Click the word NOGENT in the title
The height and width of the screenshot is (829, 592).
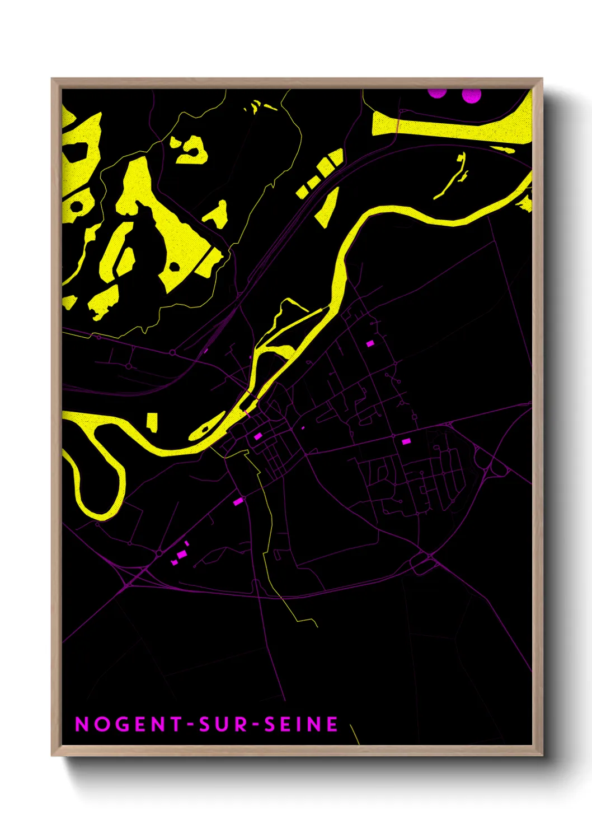pyautogui.click(x=128, y=724)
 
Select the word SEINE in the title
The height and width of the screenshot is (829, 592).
pyautogui.click(x=301, y=724)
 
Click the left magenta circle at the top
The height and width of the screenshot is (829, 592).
pyautogui.click(x=437, y=92)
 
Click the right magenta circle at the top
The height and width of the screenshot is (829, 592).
pyautogui.click(x=471, y=95)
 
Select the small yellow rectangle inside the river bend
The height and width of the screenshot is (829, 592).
pyautogui.click(x=152, y=421)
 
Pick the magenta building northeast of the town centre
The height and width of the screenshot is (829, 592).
pyautogui.click(x=370, y=343)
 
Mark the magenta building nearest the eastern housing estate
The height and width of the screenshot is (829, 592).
pyautogui.click(x=406, y=441)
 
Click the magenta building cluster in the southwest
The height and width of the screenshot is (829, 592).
pyautogui.click(x=181, y=555)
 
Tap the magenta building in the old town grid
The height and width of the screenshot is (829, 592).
pyautogui.click(x=258, y=436)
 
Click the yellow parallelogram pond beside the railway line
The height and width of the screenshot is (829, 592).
pyautogui.click(x=327, y=207)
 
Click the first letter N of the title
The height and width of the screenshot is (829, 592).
pyautogui.click(x=82, y=724)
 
